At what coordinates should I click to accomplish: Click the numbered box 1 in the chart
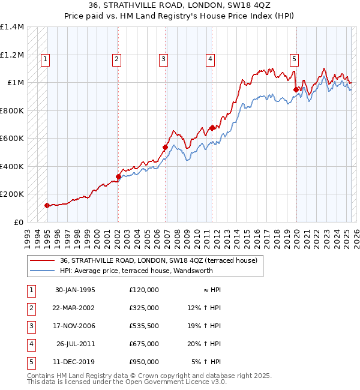(x=46, y=59)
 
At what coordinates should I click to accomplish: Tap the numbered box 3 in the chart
(x=163, y=59)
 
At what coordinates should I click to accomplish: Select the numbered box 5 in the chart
(x=295, y=59)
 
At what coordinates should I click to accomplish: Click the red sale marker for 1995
(x=47, y=205)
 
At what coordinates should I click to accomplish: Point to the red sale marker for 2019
(x=296, y=90)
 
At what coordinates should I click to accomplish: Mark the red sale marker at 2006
(x=165, y=147)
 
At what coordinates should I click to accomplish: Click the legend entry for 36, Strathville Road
(x=158, y=260)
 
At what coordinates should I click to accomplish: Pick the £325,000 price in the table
(x=144, y=308)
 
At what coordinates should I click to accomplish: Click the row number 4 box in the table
(x=30, y=344)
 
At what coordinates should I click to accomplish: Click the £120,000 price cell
(x=144, y=290)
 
